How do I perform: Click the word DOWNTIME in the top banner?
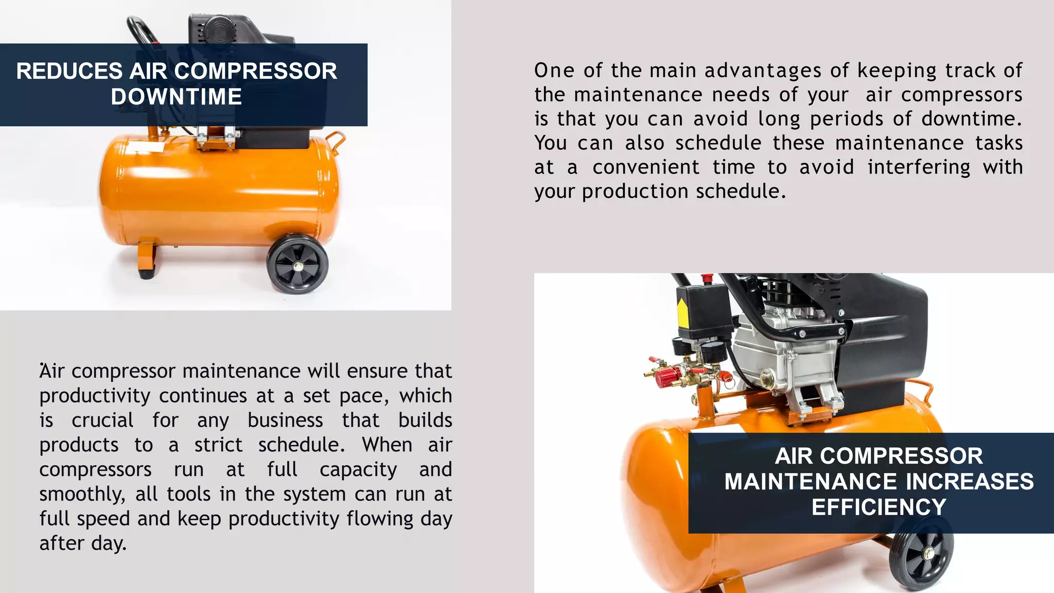(176, 97)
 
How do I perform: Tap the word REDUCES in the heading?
(69, 71)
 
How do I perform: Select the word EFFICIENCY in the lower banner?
(879, 507)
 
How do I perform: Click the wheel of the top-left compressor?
(297, 265)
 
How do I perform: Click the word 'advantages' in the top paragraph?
(763, 71)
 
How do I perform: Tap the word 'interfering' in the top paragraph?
(919, 167)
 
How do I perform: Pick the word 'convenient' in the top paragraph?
(646, 167)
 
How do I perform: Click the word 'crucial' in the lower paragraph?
(102, 420)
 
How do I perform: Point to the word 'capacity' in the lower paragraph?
(358, 469)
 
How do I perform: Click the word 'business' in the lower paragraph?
(285, 420)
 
